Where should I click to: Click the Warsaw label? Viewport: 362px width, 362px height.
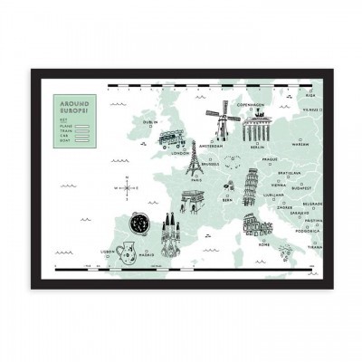[x=300, y=143]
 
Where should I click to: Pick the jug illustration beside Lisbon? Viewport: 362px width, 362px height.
[x=125, y=250]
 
